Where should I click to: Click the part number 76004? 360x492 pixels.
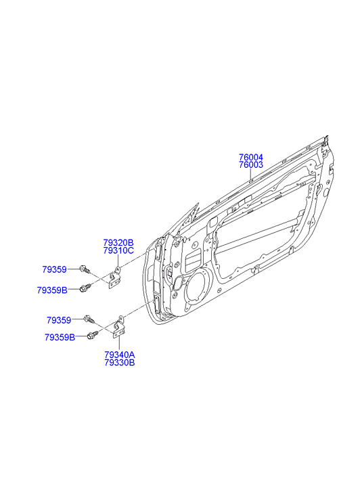point(251,157)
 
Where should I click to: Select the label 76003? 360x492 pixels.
point(251,165)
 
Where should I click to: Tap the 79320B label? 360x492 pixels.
point(118,242)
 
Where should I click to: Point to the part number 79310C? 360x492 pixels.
point(118,250)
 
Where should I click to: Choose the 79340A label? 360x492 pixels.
point(120,355)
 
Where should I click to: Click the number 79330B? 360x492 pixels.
point(120,363)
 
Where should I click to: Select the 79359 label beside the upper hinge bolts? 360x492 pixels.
point(55,269)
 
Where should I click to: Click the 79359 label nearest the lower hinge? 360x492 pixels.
point(59,320)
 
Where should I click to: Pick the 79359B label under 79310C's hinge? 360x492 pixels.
point(52,290)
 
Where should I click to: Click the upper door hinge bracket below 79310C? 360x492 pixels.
point(115,277)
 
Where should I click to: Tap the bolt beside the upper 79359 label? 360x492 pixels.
point(85,269)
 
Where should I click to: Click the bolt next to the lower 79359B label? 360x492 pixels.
point(93,335)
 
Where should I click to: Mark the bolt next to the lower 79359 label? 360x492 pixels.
point(89,319)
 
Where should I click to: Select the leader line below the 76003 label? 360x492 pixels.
point(251,175)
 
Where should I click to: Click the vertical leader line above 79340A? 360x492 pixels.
point(119,344)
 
